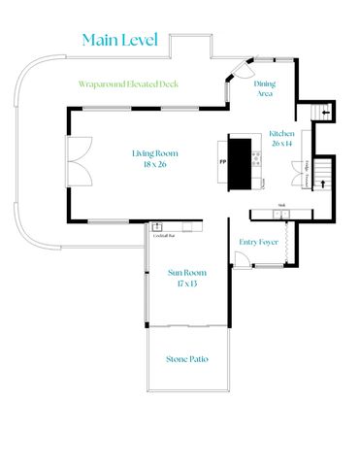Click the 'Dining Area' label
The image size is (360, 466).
tap(264, 89)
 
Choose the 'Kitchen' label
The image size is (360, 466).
tap(281, 132)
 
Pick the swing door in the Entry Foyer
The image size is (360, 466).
tap(240, 257)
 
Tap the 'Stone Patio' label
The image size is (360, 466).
tap(186, 358)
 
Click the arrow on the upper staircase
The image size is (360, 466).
tap(325, 113)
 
